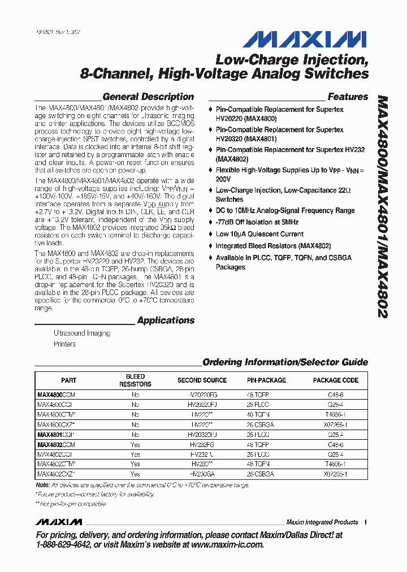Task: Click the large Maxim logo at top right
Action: (x=305, y=39)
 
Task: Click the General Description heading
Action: (x=148, y=97)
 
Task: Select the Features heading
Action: (x=348, y=97)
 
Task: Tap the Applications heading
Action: (x=166, y=320)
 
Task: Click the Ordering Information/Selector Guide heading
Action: (x=285, y=362)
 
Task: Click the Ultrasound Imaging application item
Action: (x=82, y=333)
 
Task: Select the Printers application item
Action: (x=64, y=344)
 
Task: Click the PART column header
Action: (x=68, y=380)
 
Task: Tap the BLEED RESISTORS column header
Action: (x=135, y=380)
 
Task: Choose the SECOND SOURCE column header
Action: (x=202, y=380)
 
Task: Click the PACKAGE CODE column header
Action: (x=336, y=380)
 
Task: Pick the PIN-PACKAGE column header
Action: (x=266, y=380)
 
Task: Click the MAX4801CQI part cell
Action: (x=56, y=435)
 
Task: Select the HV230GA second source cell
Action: (x=202, y=474)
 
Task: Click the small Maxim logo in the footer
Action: (x=59, y=522)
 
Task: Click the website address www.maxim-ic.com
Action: (x=227, y=544)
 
